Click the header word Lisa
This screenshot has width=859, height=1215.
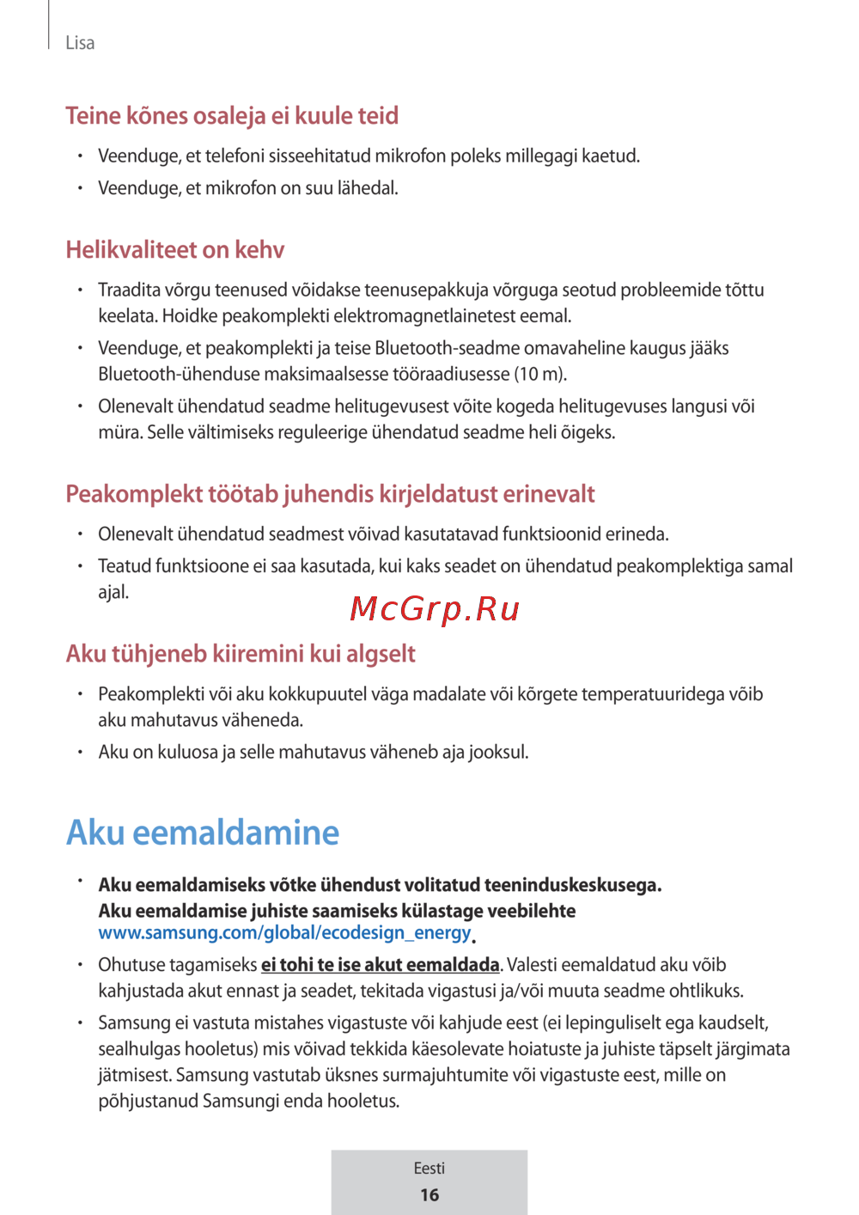pyautogui.click(x=80, y=43)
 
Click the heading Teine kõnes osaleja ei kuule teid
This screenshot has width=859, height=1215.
pyautogui.click(x=232, y=116)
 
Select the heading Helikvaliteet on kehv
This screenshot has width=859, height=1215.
pyautogui.click(x=175, y=250)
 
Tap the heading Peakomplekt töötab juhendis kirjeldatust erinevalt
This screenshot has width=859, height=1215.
pyautogui.click(x=330, y=494)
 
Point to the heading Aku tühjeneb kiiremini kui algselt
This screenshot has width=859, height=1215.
pyautogui.click(x=241, y=654)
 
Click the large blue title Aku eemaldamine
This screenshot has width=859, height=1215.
pyautogui.click(x=203, y=833)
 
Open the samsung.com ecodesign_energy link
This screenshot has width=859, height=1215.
pyautogui.click(x=284, y=933)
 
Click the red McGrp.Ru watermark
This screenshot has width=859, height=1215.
pyautogui.click(x=435, y=609)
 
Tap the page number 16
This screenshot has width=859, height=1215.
pyautogui.click(x=429, y=1195)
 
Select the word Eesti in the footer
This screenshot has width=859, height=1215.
pyautogui.click(x=429, y=1169)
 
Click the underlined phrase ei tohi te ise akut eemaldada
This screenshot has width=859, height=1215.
pyautogui.click(x=380, y=965)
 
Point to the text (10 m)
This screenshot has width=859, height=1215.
pyautogui.click(x=540, y=375)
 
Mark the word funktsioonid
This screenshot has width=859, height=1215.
pyautogui.click(x=552, y=534)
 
